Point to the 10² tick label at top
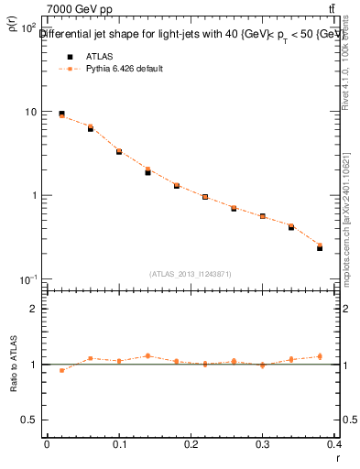(x=27, y=28)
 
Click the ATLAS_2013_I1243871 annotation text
(x=191, y=274)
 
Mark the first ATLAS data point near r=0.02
(x=61, y=114)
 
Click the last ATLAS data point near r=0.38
(x=320, y=247)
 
